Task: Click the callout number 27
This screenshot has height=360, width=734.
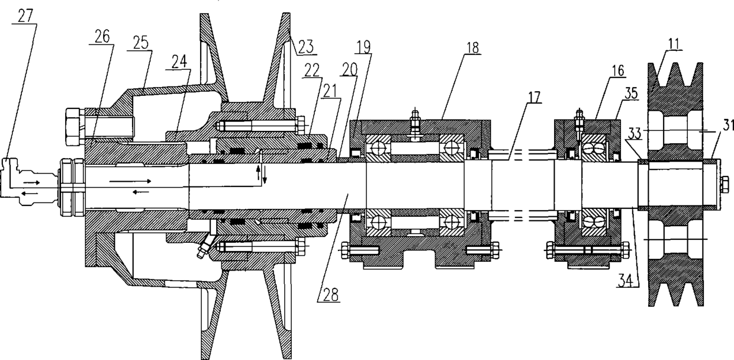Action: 25,16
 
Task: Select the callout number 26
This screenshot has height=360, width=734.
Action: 102,36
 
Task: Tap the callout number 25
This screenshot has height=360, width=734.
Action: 140,43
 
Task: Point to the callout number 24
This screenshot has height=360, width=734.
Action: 179,62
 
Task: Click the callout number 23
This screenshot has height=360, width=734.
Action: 305,46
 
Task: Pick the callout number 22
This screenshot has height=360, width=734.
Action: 311,70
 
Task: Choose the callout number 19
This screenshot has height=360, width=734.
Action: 363,47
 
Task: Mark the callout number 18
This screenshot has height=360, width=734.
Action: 472,47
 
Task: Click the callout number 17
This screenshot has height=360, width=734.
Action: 534,97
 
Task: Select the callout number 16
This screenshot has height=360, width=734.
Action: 617,70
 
